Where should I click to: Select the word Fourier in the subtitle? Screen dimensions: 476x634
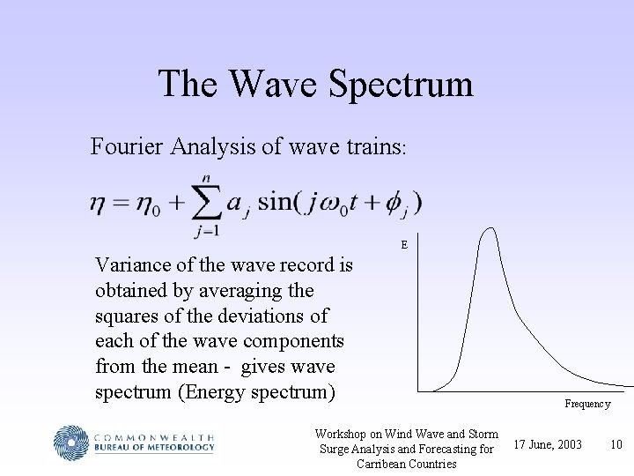125,146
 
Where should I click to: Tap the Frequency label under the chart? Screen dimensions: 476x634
587,404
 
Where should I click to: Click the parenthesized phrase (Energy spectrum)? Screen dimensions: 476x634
256,390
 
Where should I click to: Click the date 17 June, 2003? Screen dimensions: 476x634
547,443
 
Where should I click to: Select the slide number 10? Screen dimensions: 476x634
616,443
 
